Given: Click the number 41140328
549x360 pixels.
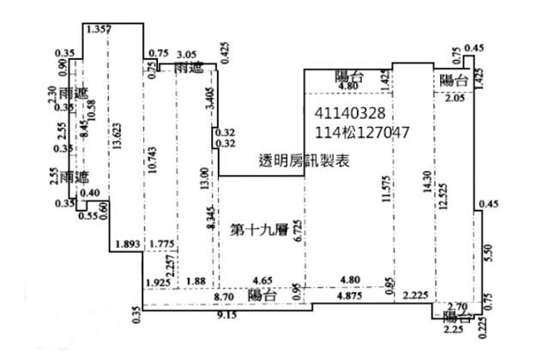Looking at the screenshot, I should click(x=351, y=113).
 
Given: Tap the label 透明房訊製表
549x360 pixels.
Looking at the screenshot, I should click(x=305, y=160).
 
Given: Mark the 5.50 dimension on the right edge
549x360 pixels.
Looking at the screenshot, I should click(x=487, y=253).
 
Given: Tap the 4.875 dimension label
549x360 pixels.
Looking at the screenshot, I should click(x=348, y=297).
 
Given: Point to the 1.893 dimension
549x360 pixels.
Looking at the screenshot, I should click(x=126, y=244).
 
